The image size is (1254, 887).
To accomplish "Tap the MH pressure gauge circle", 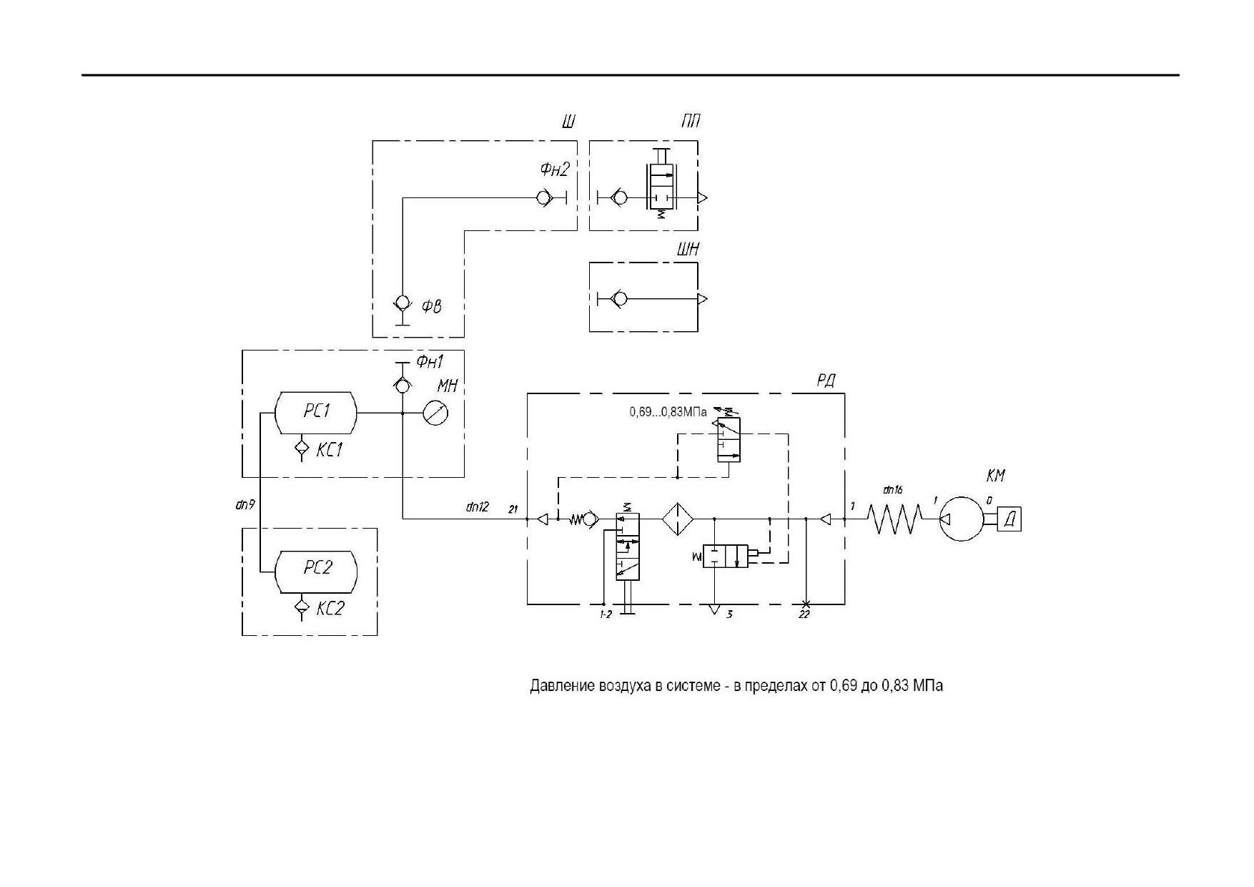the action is (435, 413).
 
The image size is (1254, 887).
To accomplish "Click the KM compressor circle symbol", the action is (962, 519).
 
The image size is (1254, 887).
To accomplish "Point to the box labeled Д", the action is (1009, 519).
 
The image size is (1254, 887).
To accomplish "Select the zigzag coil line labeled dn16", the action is (895, 519).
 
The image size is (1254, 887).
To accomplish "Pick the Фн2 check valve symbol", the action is (545, 198).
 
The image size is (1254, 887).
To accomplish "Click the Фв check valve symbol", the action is (403, 303).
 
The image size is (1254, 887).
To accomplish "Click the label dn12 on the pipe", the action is (478, 507).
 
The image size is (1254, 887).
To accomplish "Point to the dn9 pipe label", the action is (245, 505).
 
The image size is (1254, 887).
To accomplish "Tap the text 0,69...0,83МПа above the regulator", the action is (668, 412).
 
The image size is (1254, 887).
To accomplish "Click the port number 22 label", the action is (804, 614).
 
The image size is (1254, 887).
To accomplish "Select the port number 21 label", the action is (513, 509).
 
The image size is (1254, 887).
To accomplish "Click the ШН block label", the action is (688, 250).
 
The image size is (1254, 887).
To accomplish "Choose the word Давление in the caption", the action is (561, 685).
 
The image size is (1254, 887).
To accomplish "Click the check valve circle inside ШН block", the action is (620, 299).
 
